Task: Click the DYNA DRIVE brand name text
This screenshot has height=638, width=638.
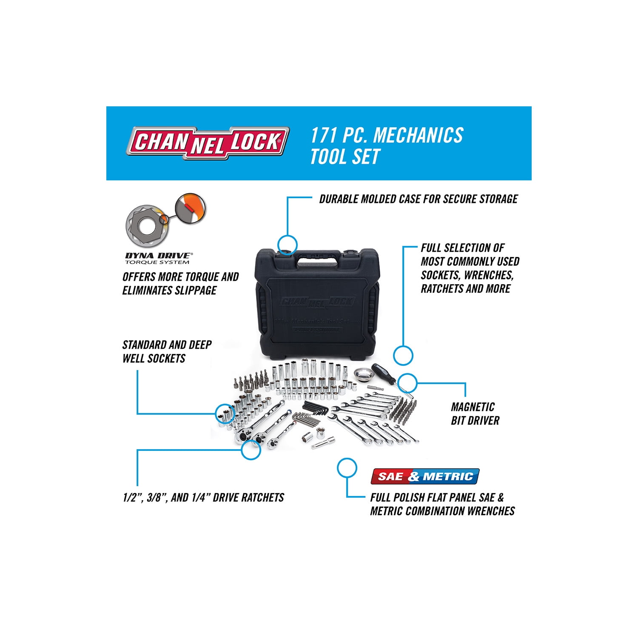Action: (x=158, y=256)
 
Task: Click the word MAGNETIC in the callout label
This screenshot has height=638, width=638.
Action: (x=473, y=407)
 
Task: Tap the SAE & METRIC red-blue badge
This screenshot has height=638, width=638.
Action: (x=425, y=476)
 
